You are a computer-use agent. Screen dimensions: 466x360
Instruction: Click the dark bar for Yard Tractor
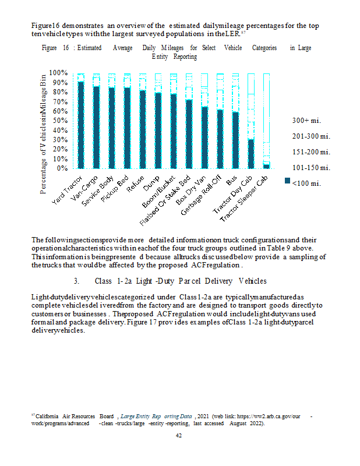[81, 125]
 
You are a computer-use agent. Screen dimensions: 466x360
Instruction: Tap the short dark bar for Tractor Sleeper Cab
[266, 166]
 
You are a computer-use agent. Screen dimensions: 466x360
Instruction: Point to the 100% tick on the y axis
[60, 73]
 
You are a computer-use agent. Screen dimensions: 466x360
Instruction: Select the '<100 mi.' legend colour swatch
[287, 182]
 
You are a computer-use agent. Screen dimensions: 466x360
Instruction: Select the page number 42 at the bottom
[180, 435]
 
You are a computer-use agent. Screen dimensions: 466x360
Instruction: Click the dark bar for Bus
[235, 140]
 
